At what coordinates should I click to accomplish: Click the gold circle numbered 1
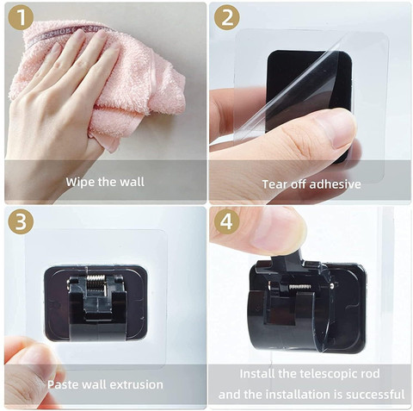coord(21,17)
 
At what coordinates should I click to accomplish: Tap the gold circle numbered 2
coord(227,17)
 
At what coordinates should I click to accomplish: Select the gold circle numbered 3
coord(21,221)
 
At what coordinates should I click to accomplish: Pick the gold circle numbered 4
coord(227,221)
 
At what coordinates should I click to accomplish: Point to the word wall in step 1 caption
coord(132,182)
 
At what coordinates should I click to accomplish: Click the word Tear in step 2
coord(274,184)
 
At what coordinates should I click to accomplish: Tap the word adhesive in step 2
coord(336,184)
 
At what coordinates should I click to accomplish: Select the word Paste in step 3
coord(63,384)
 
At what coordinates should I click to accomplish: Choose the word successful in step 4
coord(375,395)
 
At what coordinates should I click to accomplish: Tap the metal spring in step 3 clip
coord(96,282)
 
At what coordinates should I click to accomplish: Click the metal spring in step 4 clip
coord(299,287)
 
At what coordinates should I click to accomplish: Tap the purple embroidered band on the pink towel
coord(69,34)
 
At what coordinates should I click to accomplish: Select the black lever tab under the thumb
coord(287,259)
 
